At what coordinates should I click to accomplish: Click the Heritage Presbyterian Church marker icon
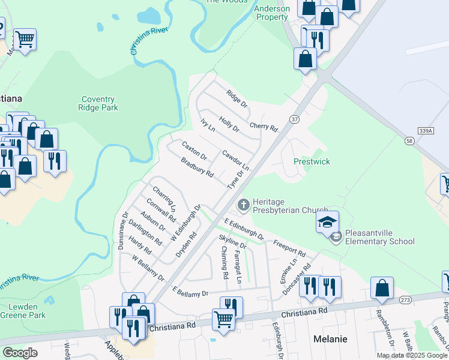[244, 205]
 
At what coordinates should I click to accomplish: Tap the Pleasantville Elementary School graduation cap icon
[328, 223]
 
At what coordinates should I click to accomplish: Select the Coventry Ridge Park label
[98, 103]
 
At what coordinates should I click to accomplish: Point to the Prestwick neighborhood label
[312, 161]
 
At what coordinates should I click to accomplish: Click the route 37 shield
[294, 119]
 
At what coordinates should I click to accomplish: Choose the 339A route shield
[424, 130]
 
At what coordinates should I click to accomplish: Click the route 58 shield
[409, 140]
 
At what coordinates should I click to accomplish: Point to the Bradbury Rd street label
[197, 167]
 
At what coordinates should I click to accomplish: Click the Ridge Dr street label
[237, 98]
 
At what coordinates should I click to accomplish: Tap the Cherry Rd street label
[264, 128]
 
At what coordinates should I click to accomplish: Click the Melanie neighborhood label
[330, 339]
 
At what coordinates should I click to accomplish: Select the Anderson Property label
[272, 13]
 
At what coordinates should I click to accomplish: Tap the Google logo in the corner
[20, 353]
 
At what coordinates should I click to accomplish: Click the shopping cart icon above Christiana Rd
[223, 318]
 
